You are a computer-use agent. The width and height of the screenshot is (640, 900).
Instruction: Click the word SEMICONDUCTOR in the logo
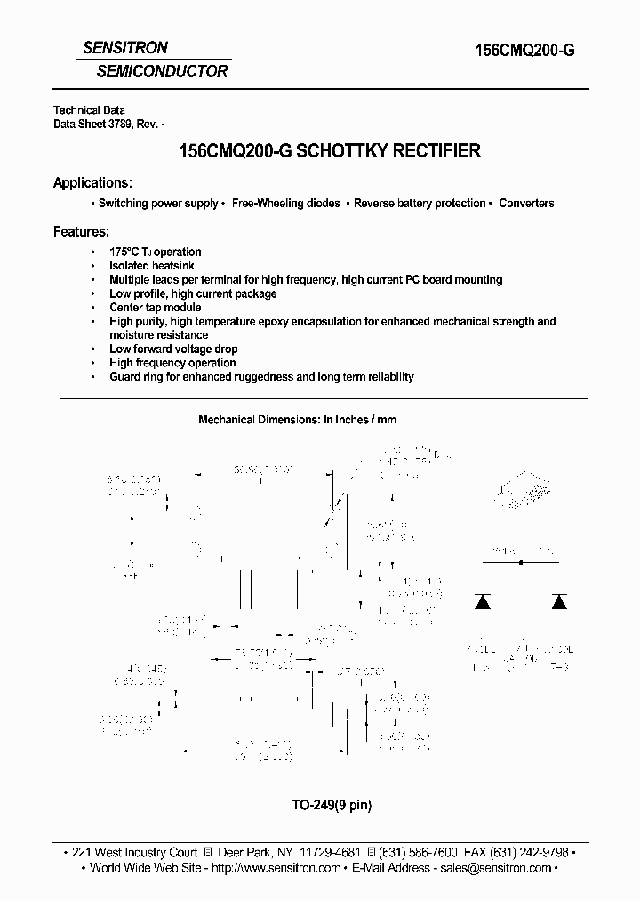pos(155,70)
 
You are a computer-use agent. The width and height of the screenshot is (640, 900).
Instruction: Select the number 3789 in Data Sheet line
pos(120,125)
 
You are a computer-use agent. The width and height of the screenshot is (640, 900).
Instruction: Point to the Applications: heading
pos(93,182)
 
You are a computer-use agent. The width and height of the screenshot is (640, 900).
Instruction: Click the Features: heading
pos(81,231)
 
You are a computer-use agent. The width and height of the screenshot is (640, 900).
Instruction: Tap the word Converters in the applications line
pos(526,204)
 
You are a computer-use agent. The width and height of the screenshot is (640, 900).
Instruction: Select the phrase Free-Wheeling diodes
pos(286,204)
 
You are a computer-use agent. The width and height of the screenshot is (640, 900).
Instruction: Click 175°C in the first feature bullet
pos(125,252)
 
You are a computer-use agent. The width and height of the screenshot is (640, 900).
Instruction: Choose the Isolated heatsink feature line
pos(152,266)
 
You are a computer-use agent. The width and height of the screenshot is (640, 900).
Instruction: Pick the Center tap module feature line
pos(156,308)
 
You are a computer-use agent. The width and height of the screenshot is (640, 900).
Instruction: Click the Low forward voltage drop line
pos(173,350)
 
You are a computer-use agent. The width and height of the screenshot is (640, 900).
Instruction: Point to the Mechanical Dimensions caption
pos(297,419)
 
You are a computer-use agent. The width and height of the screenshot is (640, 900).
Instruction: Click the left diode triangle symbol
pos(483,601)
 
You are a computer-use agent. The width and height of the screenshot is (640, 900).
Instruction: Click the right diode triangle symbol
pos(559,601)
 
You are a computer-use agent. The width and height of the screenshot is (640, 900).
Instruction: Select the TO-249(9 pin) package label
pos(320,806)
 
